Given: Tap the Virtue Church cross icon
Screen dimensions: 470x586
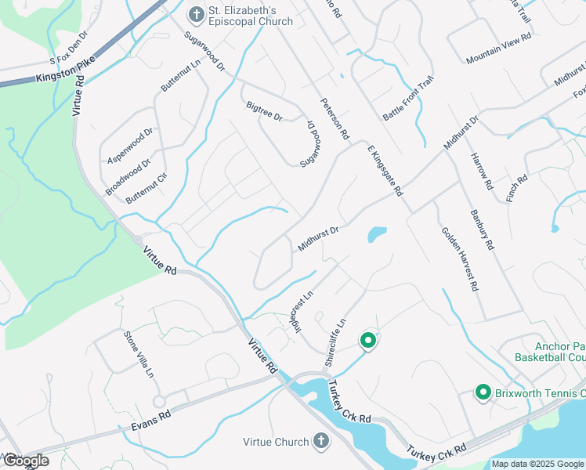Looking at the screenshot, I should [x=320, y=442].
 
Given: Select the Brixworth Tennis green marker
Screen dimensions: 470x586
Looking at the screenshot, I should [x=483, y=392].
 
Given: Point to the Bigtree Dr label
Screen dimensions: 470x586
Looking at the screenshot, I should [x=263, y=110].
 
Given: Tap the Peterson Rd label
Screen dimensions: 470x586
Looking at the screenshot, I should [x=335, y=119].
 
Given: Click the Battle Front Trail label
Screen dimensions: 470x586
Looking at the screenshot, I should [x=407, y=101].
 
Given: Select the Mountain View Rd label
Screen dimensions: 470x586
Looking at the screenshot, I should [x=498, y=48].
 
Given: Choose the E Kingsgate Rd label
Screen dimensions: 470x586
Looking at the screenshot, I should [x=385, y=169].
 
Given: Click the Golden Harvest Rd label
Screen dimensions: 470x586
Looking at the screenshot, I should [x=459, y=259].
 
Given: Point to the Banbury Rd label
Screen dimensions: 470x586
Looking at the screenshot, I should [x=482, y=229].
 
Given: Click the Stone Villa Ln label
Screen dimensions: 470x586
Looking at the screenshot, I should [x=138, y=354].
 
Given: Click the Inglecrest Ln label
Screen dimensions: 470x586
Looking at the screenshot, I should [x=293, y=312].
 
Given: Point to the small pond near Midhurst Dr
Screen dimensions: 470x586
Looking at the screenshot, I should [x=377, y=234].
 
